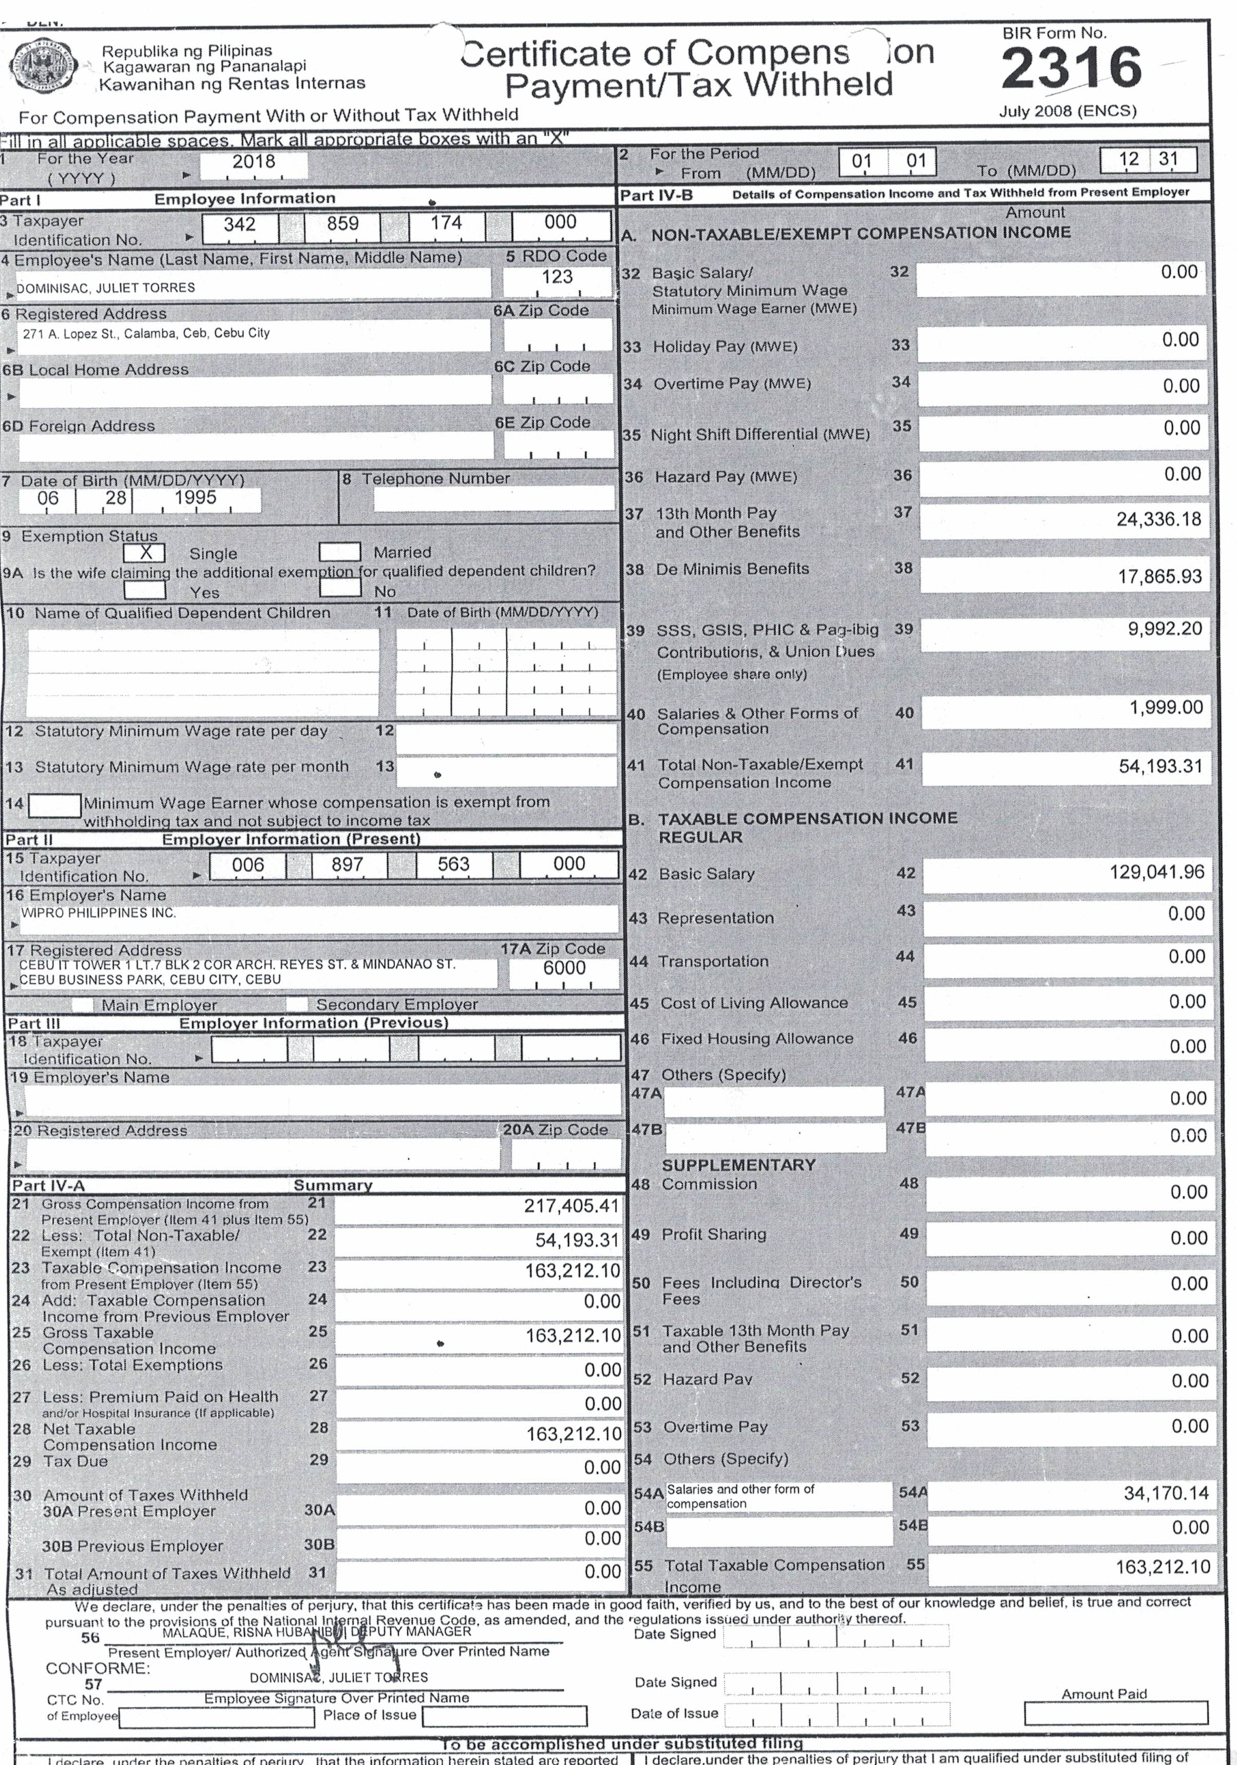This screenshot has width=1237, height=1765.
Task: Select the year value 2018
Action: click(254, 161)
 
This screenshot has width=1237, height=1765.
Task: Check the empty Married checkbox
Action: click(340, 552)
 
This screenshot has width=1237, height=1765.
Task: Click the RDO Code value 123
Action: click(557, 277)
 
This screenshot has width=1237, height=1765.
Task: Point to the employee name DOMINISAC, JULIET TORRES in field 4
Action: click(106, 288)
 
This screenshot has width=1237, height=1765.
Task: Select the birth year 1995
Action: click(195, 498)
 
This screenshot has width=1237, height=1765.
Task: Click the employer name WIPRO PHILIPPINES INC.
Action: click(99, 913)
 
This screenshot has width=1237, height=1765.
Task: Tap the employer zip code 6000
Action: click(564, 968)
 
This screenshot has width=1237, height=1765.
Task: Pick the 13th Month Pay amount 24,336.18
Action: click(1158, 520)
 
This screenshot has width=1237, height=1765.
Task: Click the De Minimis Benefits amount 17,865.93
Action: click(1159, 577)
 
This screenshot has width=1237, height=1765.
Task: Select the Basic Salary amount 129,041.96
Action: click(1156, 872)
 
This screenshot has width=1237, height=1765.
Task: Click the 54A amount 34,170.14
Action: click(1166, 1494)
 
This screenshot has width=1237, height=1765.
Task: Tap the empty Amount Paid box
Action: click(1115, 1713)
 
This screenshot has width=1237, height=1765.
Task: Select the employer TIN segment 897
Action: click(347, 865)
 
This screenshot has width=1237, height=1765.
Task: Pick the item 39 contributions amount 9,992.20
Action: click(1165, 629)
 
